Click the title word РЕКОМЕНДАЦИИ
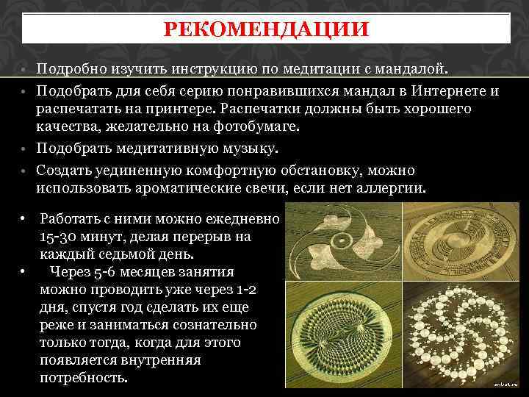coord(265,30)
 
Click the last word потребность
coord(84,378)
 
